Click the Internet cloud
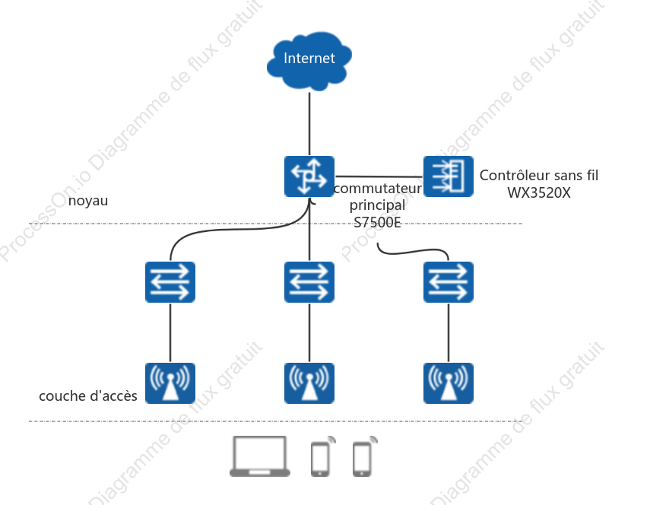click(x=309, y=61)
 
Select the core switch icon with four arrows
click(x=309, y=176)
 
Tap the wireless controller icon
click(x=448, y=176)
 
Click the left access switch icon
click(x=170, y=282)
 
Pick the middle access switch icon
click(x=309, y=282)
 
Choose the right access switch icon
click(x=448, y=282)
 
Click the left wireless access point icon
click(x=170, y=383)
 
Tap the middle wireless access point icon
click(x=309, y=383)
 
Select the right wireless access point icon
click(x=448, y=383)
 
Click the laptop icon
click(x=260, y=456)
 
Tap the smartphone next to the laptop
click(x=322, y=456)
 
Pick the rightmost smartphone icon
click(x=364, y=456)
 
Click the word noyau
click(x=88, y=201)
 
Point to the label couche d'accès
click(x=88, y=396)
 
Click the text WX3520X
click(x=539, y=192)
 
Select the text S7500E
click(x=377, y=223)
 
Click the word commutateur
click(x=378, y=189)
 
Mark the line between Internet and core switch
click(x=309, y=123)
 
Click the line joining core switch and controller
click(x=379, y=176)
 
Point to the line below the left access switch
click(x=170, y=333)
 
